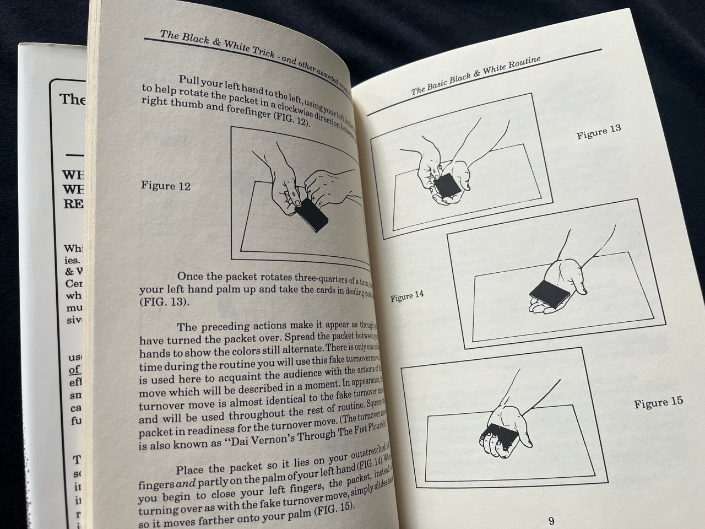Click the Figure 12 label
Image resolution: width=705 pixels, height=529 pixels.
[166, 186]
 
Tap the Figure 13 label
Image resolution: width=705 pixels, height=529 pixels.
[599, 132]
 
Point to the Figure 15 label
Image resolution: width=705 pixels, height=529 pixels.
[658, 402]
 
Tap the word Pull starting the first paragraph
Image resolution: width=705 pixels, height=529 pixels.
[192, 80]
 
